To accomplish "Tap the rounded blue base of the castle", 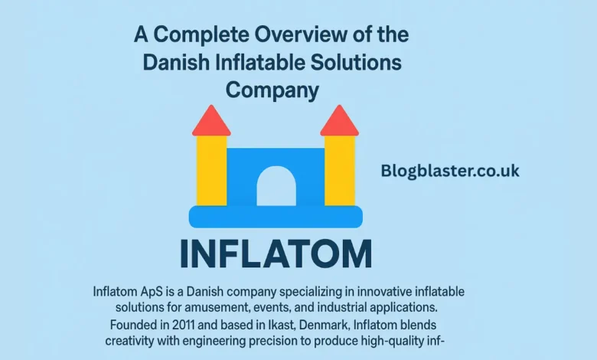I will pyautogui.click(x=276, y=216).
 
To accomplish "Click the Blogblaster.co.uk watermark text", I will pyautogui.click(x=450, y=171).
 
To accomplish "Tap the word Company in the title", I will pyautogui.click(x=272, y=89).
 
